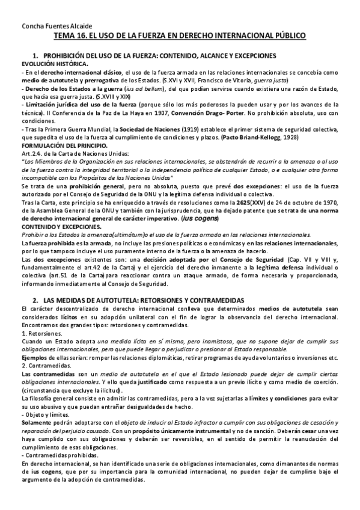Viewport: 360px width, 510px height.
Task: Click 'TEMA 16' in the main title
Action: (x=70, y=36)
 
